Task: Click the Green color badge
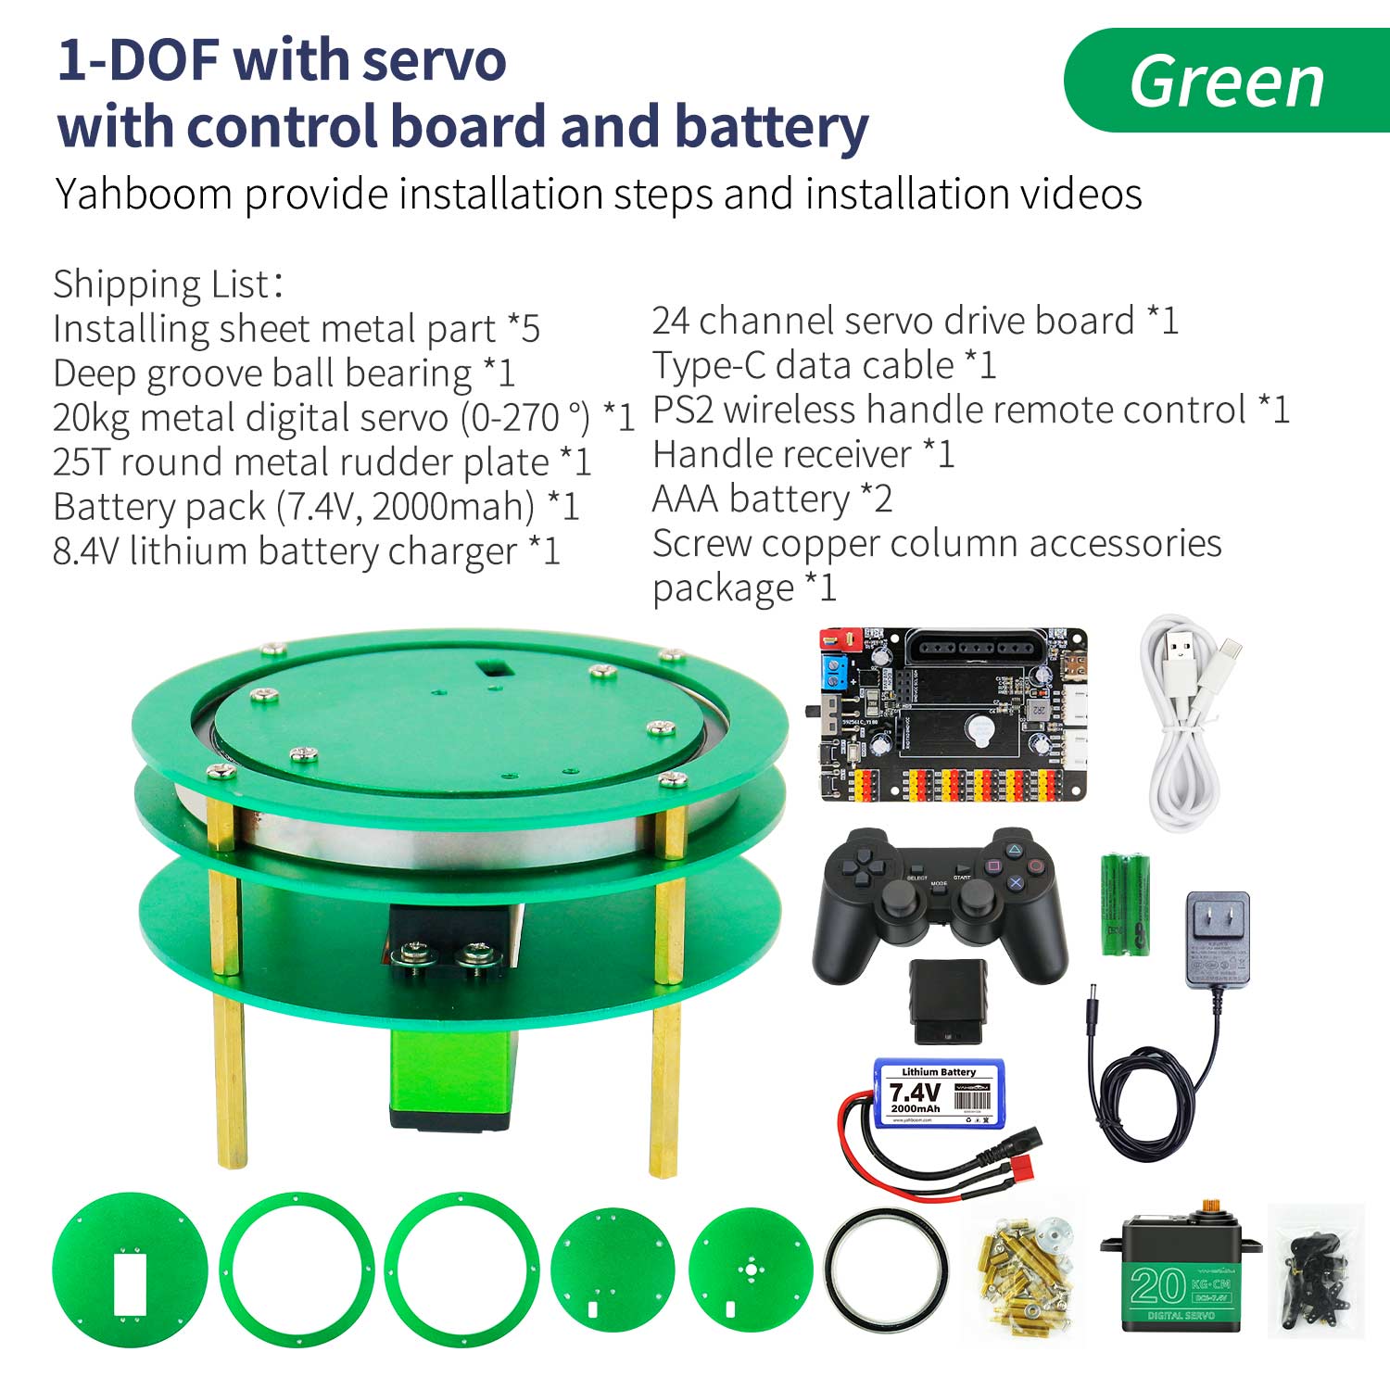[x=1226, y=82]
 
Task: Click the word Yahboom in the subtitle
[x=144, y=195]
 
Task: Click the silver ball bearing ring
[x=886, y=1270]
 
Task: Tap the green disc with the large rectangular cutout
[x=130, y=1270]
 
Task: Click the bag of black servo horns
[x=1316, y=1270]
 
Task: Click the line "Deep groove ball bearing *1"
[x=284, y=373]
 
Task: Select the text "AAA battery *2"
[x=772, y=499]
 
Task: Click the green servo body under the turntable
[x=450, y=1075]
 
